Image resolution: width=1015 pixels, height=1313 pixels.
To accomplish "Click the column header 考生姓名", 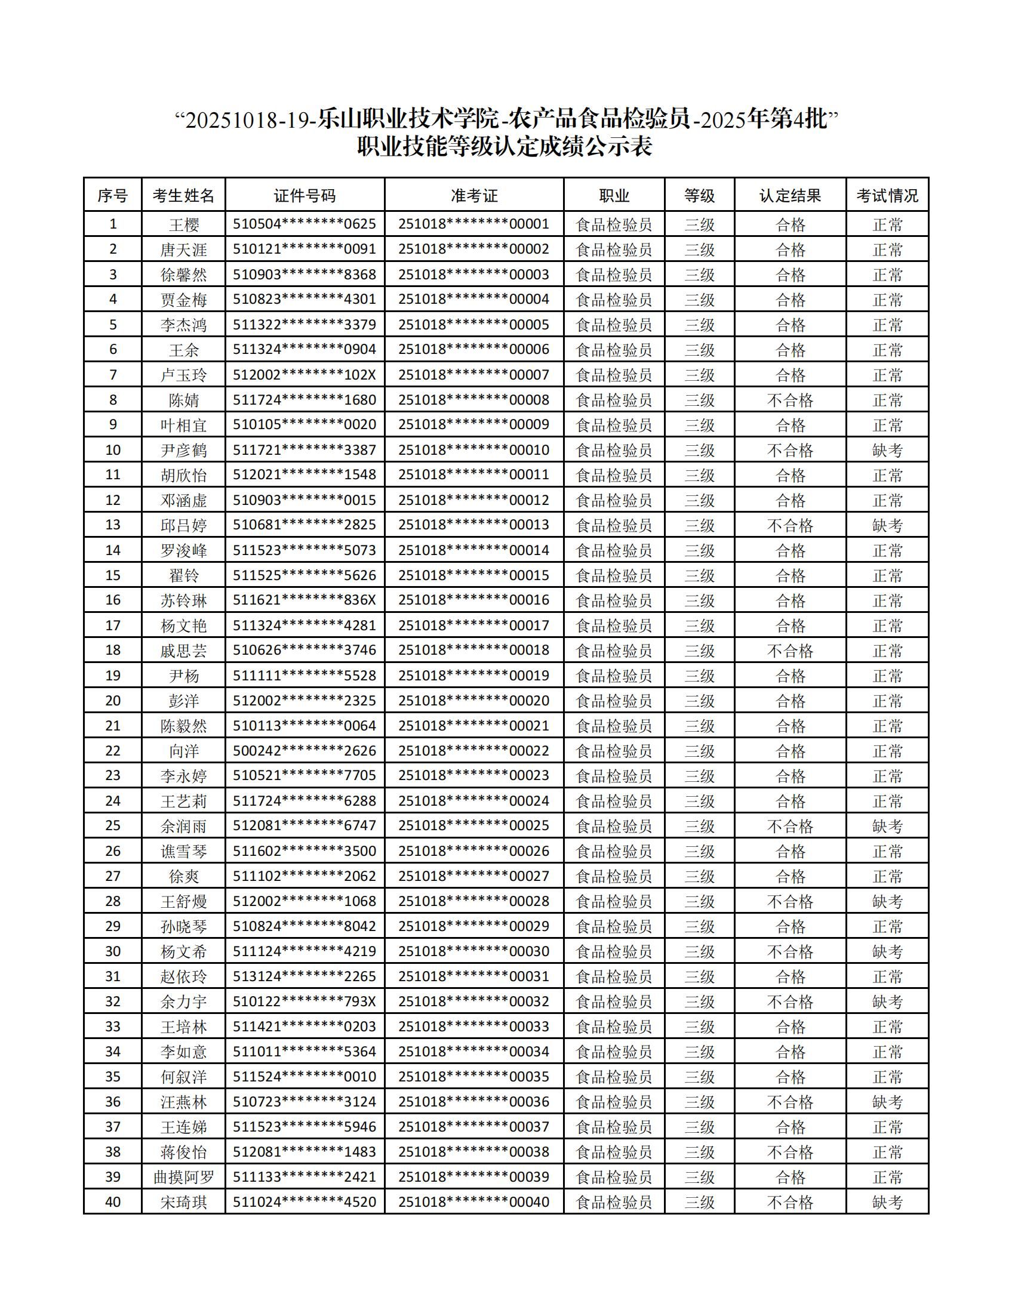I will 183,195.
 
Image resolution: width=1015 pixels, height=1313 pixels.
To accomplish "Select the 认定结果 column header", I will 789,195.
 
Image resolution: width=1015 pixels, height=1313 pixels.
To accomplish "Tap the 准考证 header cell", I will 474,195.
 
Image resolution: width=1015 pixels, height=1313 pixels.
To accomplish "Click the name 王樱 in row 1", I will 183,225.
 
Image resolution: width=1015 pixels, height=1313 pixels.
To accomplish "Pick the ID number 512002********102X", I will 304,375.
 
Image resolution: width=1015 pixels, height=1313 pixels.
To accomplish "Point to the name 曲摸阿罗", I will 183,1176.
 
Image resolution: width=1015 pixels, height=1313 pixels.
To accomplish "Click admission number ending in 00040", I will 474,1202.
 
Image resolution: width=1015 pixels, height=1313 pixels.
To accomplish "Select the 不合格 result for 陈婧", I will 789,400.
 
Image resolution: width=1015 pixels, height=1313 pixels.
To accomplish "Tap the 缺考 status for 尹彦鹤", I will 887,450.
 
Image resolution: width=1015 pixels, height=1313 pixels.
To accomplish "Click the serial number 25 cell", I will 112,825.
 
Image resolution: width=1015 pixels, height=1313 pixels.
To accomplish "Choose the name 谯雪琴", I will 183,851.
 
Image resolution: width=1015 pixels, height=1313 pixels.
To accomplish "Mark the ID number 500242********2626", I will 304,751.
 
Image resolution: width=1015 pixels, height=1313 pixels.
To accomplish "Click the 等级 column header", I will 699,195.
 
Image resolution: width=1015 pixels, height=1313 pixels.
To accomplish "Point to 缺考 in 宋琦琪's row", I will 887,1202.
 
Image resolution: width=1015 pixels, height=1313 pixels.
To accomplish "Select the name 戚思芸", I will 183,651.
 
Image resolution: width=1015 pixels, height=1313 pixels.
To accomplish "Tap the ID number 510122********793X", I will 304,1001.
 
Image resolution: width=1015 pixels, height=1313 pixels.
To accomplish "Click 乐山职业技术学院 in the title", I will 408,119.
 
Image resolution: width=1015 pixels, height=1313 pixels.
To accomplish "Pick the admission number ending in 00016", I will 474,600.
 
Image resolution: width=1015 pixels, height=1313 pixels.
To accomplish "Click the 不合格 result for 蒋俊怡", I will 789,1152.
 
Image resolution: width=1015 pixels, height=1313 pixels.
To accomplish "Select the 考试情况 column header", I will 887,195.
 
